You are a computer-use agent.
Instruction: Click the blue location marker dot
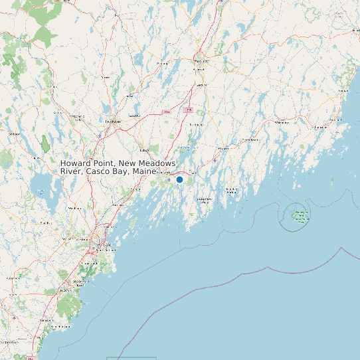(x=179, y=179)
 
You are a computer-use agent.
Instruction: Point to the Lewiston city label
(x=112, y=122)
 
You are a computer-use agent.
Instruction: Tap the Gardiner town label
(x=200, y=85)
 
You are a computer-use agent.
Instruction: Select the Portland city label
(x=103, y=245)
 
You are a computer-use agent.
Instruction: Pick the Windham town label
(x=74, y=208)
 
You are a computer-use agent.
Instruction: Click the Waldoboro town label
(x=282, y=122)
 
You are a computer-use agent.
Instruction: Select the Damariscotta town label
(x=250, y=140)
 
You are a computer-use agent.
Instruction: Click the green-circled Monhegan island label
(x=301, y=215)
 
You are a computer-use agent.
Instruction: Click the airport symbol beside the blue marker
(x=169, y=179)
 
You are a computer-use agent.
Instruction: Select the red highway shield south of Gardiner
(x=188, y=110)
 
